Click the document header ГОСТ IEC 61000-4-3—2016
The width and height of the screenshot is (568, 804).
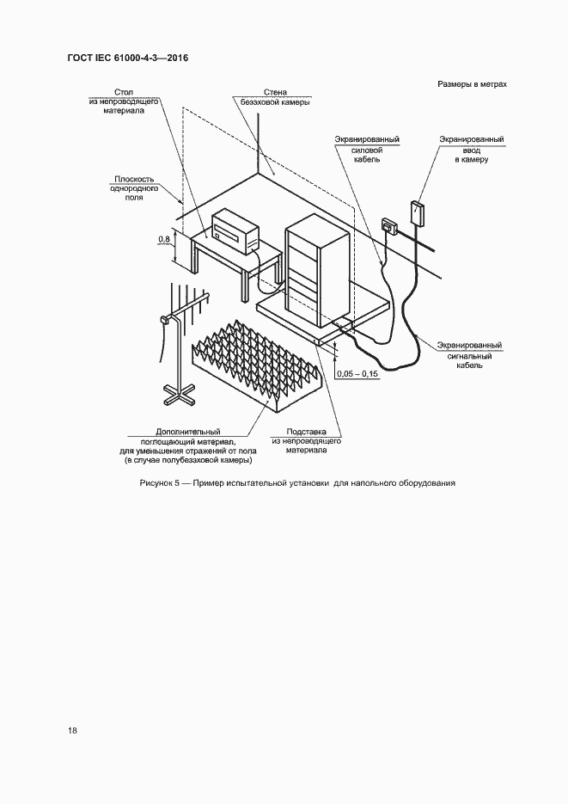click(x=126, y=58)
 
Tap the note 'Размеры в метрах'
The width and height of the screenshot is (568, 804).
click(x=472, y=85)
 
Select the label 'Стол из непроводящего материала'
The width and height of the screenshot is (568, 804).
click(x=122, y=101)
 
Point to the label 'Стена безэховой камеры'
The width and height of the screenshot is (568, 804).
click(x=270, y=96)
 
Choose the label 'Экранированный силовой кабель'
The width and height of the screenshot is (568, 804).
click(x=366, y=148)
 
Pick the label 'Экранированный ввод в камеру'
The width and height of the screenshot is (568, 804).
click(x=471, y=148)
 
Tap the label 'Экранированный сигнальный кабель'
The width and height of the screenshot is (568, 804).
click(x=469, y=355)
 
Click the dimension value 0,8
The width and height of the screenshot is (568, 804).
click(x=163, y=238)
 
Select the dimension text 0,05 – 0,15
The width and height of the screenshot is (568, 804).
click(x=357, y=373)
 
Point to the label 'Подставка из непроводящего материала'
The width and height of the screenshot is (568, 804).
click(x=306, y=440)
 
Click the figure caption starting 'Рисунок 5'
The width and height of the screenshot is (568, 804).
click(x=296, y=483)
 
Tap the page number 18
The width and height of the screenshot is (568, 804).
click(x=73, y=730)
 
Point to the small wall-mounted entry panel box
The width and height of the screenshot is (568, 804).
click(x=418, y=211)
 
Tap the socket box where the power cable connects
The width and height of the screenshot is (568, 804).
click(x=389, y=227)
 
